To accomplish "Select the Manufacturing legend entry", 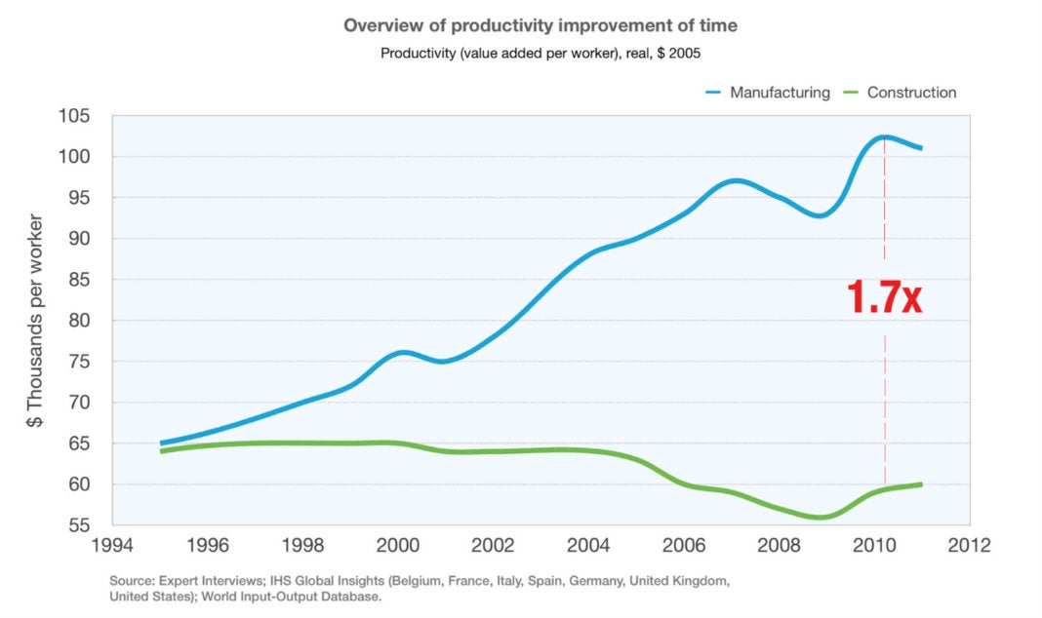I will tap(779, 93).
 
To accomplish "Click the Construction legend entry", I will tap(911, 93).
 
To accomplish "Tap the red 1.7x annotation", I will tap(884, 297).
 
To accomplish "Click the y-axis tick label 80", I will tap(79, 321).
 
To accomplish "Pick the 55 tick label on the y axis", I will tap(79, 525).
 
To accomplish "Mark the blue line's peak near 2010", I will tap(883, 136).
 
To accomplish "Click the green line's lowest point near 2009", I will tap(820, 518).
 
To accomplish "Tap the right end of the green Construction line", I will tap(921, 484).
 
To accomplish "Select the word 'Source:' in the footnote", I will tap(132, 580).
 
